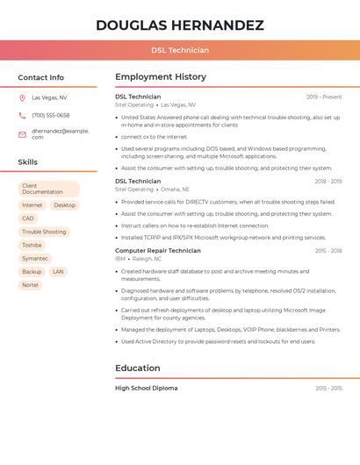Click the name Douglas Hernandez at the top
tap(179, 25)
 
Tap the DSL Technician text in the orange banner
tap(179, 50)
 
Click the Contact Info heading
tap(40, 77)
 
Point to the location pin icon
tap(22, 97)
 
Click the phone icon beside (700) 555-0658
tap(22, 115)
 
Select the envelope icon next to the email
tap(22, 133)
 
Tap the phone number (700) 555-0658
tap(50, 115)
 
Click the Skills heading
tap(28, 162)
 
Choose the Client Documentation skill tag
tap(48, 189)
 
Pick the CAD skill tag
tap(28, 218)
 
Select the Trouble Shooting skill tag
tap(44, 232)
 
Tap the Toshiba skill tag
tap(32, 245)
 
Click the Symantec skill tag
tap(35, 259)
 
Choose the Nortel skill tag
tap(30, 285)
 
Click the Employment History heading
tap(161, 77)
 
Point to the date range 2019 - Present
tap(324, 97)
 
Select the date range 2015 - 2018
tap(328, 251)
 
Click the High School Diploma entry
tap(146, 388)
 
